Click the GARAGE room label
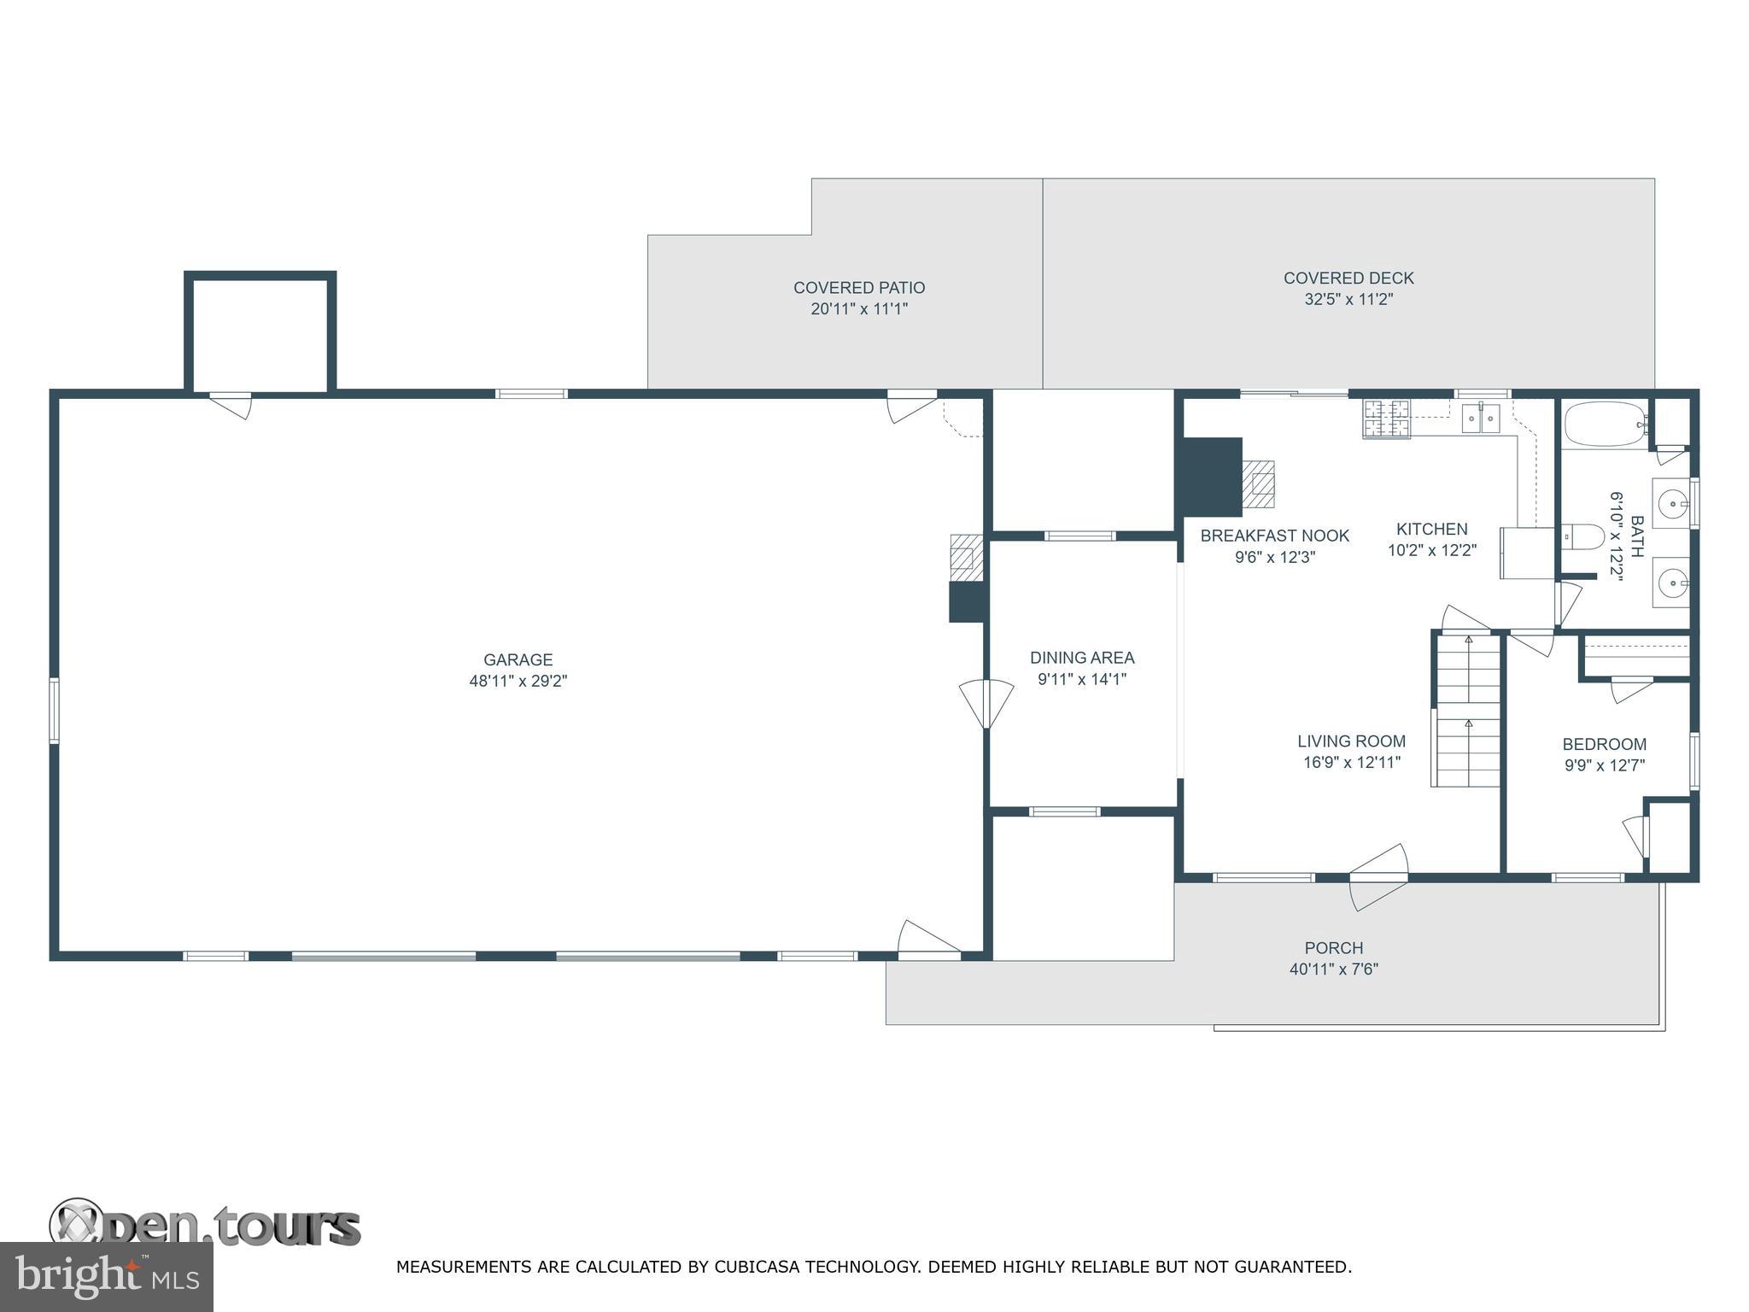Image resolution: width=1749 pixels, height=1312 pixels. point(518,659)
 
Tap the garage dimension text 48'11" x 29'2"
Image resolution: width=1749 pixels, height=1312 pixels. point(518,682)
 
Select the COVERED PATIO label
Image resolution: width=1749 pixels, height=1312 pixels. point(859,288)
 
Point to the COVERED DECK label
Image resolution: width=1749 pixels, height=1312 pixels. point(1348,278)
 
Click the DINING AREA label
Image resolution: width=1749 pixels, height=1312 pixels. point(1082,658)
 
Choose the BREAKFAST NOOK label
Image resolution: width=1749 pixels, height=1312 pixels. point(1275,536)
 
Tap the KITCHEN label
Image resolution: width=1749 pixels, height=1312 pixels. point(1432,529)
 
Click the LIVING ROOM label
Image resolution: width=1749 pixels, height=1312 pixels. point(1351,741)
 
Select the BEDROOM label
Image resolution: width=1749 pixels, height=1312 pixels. point(1605,744)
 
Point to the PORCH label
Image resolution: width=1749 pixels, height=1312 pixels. point(1334,947)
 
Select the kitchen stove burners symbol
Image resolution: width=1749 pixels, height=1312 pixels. point(1386,419)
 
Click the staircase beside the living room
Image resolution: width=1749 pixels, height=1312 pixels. point(1466,708)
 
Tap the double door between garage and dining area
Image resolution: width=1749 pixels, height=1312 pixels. point(986,704)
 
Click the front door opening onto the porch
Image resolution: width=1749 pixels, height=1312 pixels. point(1378,876)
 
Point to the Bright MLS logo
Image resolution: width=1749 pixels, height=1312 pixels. point(106,1276)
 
